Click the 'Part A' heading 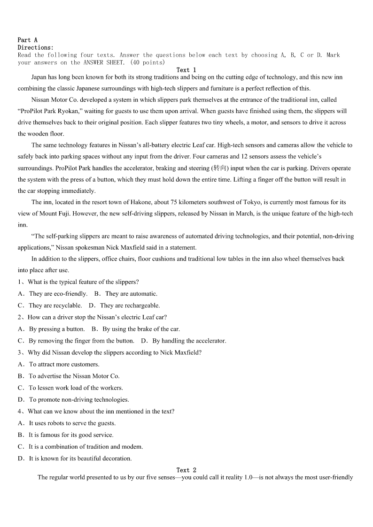27,40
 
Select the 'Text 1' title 186,70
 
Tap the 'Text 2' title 186,470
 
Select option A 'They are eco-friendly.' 58,294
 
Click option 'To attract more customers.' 64,364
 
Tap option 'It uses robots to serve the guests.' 72,423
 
